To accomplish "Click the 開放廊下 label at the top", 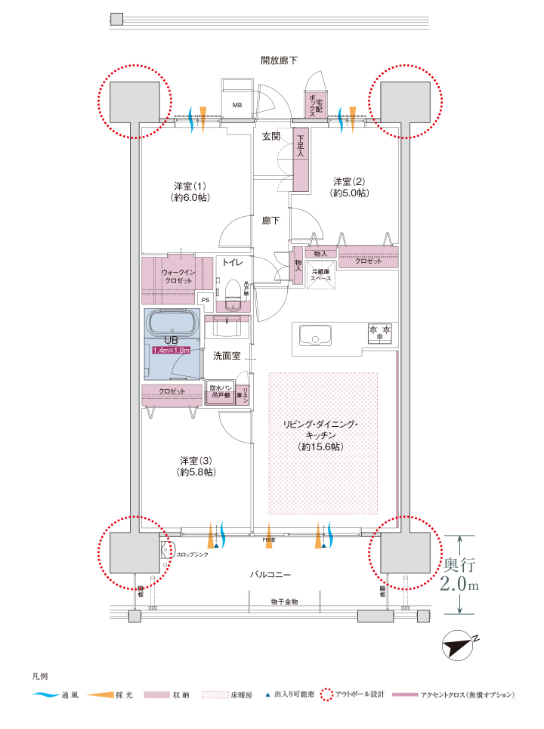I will (x=279, y=60).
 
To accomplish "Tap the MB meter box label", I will (x=236, y=106).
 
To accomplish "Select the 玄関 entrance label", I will (x=271, y=137).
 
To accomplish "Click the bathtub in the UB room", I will (x=173, y=324).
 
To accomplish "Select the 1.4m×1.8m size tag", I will (x=173, y=351).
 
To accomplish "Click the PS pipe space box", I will (x=205, y=299).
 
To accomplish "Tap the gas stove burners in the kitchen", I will (x=379, y=332).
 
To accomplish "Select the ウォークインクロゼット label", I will (x=178, y=276).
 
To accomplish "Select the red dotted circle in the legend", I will (x=326, y=693).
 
